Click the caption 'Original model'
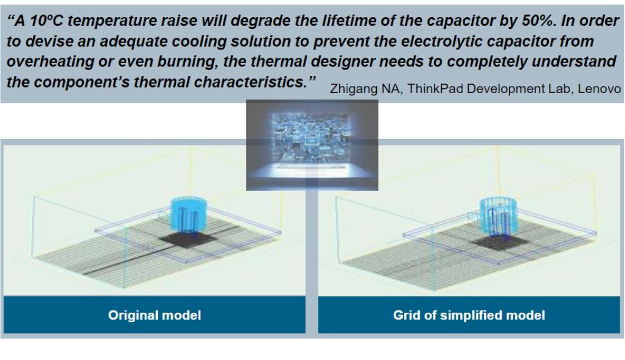point(154,315)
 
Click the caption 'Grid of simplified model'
point(469,315)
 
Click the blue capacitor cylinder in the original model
point(187,213)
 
